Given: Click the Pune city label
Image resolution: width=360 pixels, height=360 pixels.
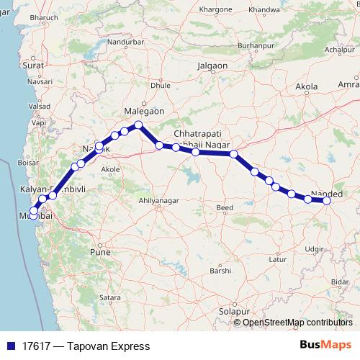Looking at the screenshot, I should point(98,253).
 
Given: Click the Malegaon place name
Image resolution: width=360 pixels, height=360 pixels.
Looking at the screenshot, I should point(145,112).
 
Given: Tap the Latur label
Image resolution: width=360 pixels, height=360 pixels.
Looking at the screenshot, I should point(274,258).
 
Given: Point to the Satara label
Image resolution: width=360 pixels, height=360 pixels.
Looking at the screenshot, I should point(109,297).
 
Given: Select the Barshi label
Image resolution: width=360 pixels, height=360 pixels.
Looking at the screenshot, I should point(220,271).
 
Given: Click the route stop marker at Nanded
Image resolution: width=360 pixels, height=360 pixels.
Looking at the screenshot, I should point(326,201).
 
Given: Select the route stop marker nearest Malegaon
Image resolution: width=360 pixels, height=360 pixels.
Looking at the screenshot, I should point(139,125).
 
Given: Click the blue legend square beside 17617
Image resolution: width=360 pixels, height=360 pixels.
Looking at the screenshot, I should point(8,346).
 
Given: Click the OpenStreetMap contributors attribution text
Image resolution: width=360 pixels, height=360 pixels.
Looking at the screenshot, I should point(297,322).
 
